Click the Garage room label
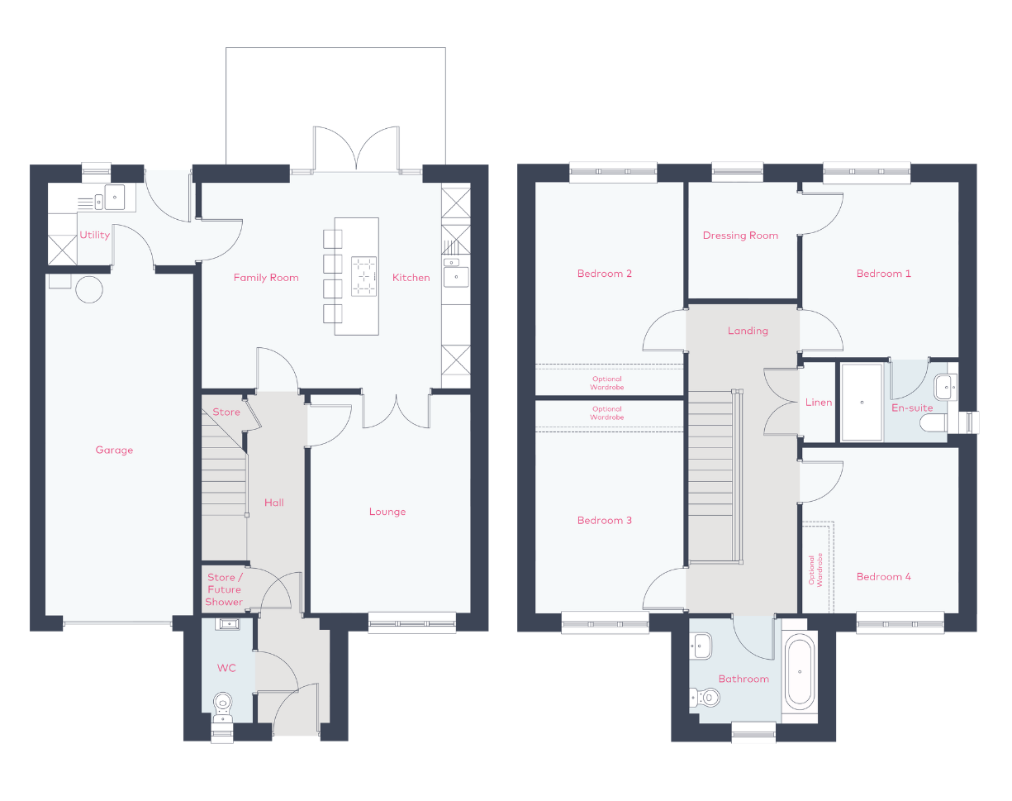(x=114, y=450)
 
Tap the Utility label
(x=94, y=235)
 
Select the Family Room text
(x=266, y=278)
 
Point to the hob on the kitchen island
(x=364, y=276)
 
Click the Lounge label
(x=387, y=512)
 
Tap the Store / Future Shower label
(x=225, y=589)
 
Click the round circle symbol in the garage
(x=89, y=289)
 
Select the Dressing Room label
(x=741, y=236)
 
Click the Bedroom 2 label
(x=605, y=274)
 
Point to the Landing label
(x=748, y=331)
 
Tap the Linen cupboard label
(x=819, y=403)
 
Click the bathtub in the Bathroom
(x=800, y=672)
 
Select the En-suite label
(x=912, y=408)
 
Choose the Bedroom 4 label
(x=884, y=576)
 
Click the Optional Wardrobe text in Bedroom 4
(x=815, y=570)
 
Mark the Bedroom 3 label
(x=605, y=520)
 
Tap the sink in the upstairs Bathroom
(x=701, y=646)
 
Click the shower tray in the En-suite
(x=862, y=403)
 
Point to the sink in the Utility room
(x=115, y=198)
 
